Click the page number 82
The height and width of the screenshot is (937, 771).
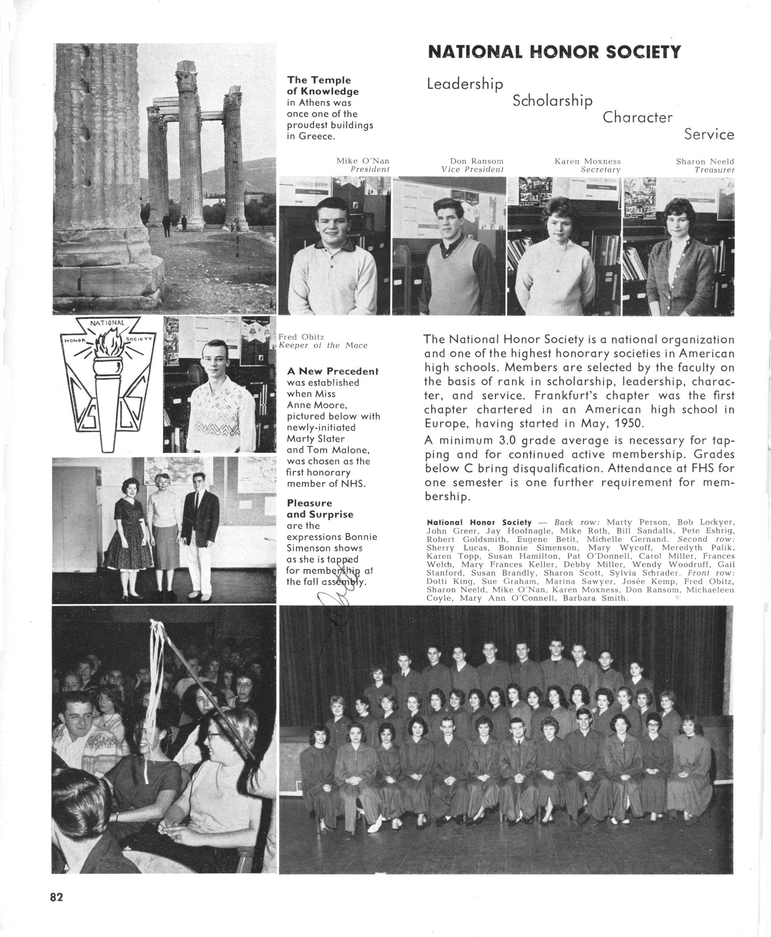coord(56,897)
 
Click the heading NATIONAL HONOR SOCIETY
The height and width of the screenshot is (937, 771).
coord(554,52)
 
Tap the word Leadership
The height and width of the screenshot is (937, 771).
coord(465,84)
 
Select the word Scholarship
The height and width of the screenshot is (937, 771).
coord(552,101)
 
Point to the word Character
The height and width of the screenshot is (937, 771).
coord(637,117)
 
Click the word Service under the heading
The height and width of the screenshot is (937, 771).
coord(709,134)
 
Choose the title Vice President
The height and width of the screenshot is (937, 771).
coord(472,170)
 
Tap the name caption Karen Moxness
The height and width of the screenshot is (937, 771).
coord(587,161)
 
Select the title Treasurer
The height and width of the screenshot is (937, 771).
coord(714,170)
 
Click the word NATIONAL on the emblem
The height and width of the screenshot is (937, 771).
coord(107,322)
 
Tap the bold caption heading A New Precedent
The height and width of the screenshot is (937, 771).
coord(332,371)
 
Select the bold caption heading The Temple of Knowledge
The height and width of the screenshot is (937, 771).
coord(323,85)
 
